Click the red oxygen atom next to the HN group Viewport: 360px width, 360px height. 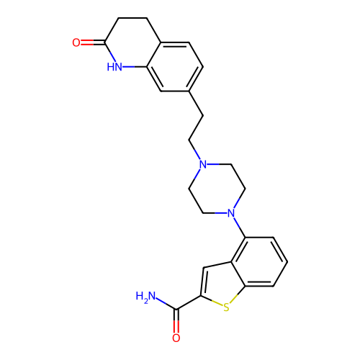tap(76, 42)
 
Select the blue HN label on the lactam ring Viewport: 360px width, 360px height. tap(114, 67)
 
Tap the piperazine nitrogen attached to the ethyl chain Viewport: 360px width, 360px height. tap(203, 164)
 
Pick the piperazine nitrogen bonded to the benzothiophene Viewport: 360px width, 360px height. tap(231, 213)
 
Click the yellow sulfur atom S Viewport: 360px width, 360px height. tap(226, 307)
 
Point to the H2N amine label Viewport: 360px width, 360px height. tap(145, 297)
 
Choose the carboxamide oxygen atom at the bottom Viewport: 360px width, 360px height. tap(176, 338)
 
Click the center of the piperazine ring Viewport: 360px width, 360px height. tap(217, 189)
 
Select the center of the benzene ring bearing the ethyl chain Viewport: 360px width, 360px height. tap(175, 67)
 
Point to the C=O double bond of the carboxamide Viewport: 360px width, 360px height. tap(176, 321)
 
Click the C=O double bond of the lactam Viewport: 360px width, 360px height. tap(93, 42)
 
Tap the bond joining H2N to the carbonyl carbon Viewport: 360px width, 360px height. tap(166, 304)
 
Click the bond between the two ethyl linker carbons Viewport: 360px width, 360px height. tap(196, 127)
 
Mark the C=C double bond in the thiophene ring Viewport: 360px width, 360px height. tap(202, 282)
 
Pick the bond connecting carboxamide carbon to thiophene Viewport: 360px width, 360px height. tap(189, 302)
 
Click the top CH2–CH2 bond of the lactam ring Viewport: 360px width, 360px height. tap(132, 18)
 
